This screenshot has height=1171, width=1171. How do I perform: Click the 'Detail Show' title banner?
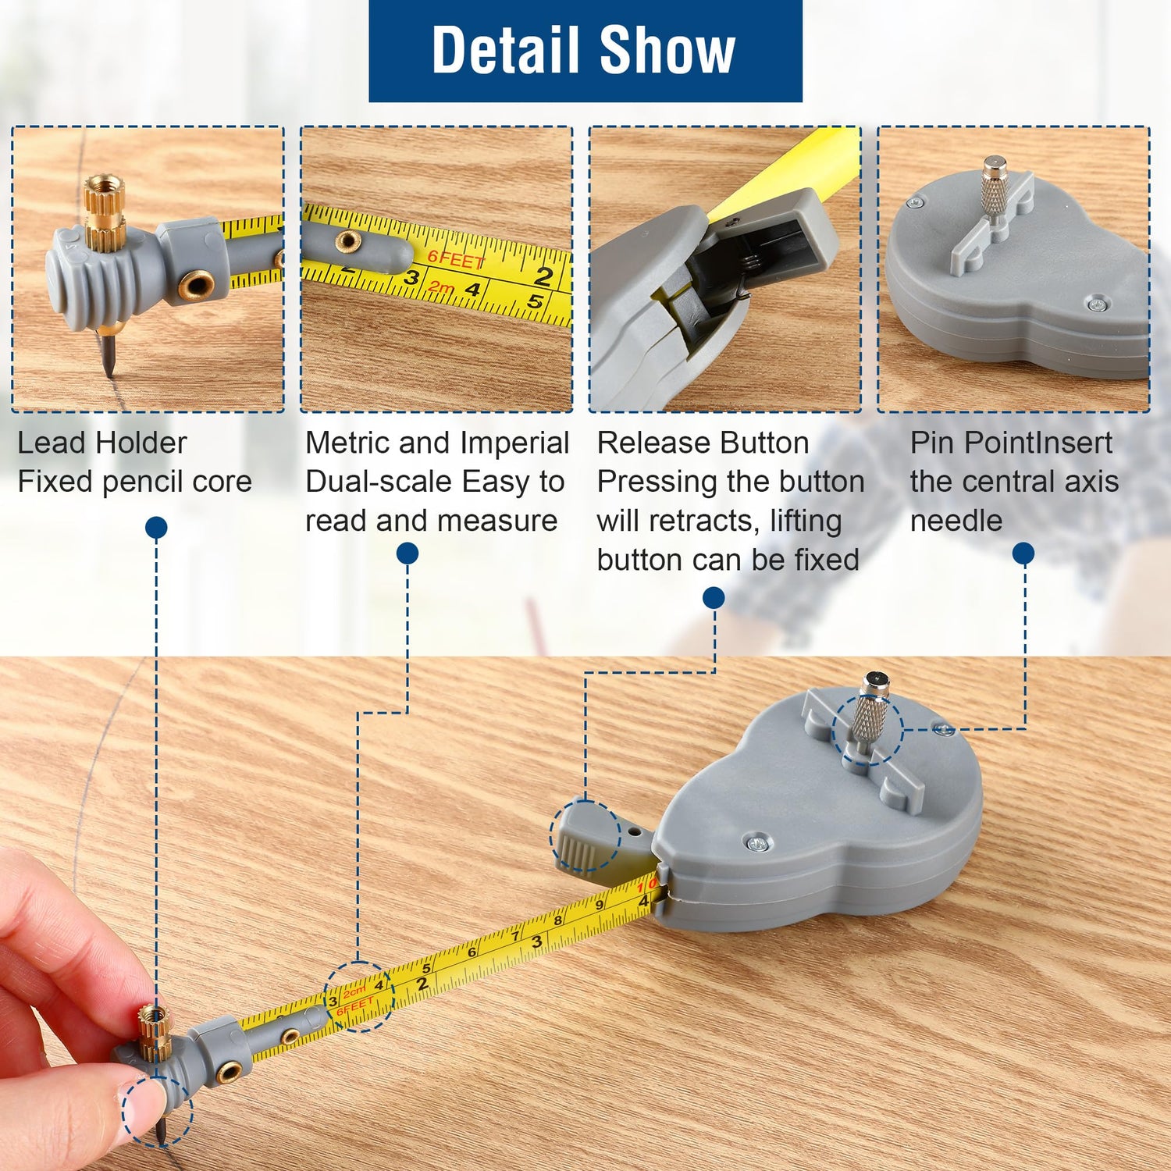coord(585,51)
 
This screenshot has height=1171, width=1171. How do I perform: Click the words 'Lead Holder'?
coord(102,443)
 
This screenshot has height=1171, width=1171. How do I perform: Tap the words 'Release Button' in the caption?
coord(703,443)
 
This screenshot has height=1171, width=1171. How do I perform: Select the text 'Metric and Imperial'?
coord(437,443)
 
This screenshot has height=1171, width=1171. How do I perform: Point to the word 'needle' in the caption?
coord(956,521)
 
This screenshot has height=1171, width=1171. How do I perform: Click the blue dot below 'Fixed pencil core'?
coord(156,528)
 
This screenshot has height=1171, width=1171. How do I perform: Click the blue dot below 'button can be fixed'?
coord(714,598)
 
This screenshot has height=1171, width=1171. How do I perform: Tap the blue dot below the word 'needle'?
coord(1023,554)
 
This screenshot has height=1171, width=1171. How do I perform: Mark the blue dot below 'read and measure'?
coord(408,554)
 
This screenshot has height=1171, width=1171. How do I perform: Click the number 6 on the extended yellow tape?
coord(472,952)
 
